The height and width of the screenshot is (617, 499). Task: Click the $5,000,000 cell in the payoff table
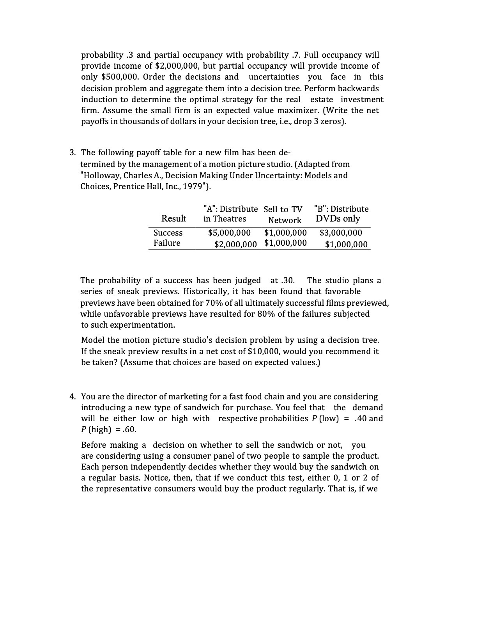pyautogui.click(x=229, y=233)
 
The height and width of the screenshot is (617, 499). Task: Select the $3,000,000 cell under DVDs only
pyautogui.click(x=341, y=233)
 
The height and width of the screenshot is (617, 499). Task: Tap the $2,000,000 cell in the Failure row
pyautogui.click(x=235, y=245)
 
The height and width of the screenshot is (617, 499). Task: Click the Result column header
pyautogui.click(x=174, y=218)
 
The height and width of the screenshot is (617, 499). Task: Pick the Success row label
pyautogui.click(x=168, y=233)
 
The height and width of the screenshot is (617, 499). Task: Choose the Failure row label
pyautogui.click(x=167, y=243)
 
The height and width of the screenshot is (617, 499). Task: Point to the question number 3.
pyautogui.click(x=73, y=152)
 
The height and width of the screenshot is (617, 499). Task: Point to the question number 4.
pyautogui.click(x=73, y=397)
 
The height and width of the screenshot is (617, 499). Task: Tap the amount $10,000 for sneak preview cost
pyautogui.click(x=264, y=351)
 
